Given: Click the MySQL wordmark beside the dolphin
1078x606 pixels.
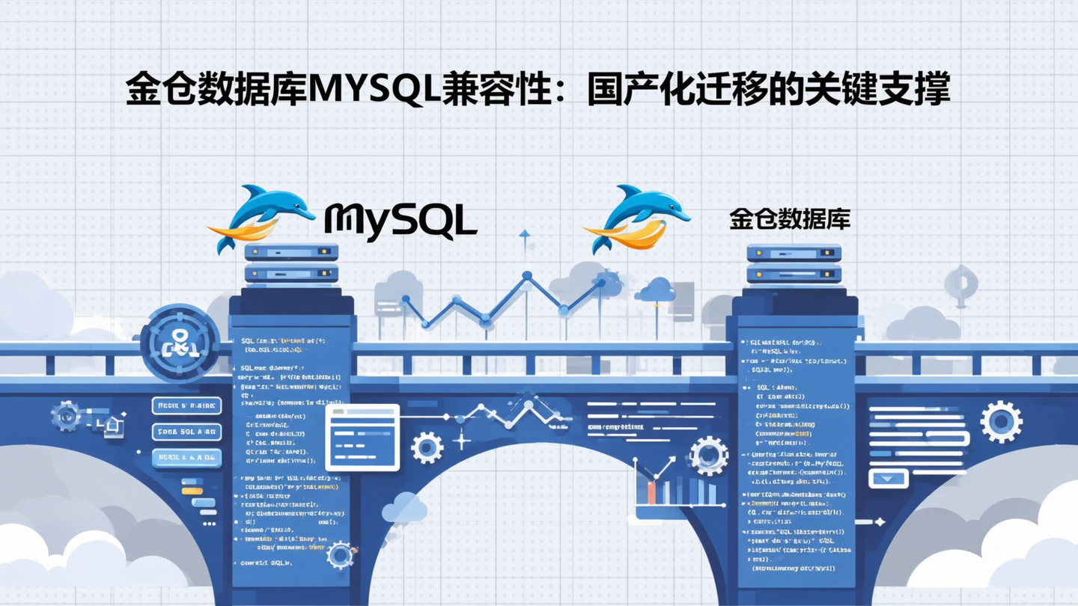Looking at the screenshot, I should (401, 221).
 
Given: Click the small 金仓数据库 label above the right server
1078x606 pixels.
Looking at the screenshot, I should (790, 219).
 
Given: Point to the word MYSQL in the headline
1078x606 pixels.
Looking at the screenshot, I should (372, 89).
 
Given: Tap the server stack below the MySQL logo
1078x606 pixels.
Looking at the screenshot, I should (291, 263).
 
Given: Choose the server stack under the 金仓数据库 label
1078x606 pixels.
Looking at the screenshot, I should (794, 263).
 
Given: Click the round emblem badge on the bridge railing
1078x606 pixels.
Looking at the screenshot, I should (180, 343).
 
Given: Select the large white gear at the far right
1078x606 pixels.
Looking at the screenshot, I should (1001, 421).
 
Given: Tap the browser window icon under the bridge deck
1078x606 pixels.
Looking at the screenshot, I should (362, 437).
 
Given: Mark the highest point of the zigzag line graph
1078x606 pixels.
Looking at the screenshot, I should (527, 276).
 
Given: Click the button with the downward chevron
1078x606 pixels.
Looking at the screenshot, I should (888, 478).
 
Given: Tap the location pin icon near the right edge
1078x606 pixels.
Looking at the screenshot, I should (960, 284).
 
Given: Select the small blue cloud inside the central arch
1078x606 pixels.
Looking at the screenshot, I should (404, 508).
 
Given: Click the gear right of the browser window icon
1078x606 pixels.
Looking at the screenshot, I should (427, 447).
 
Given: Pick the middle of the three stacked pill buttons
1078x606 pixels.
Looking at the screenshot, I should (186, 432).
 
